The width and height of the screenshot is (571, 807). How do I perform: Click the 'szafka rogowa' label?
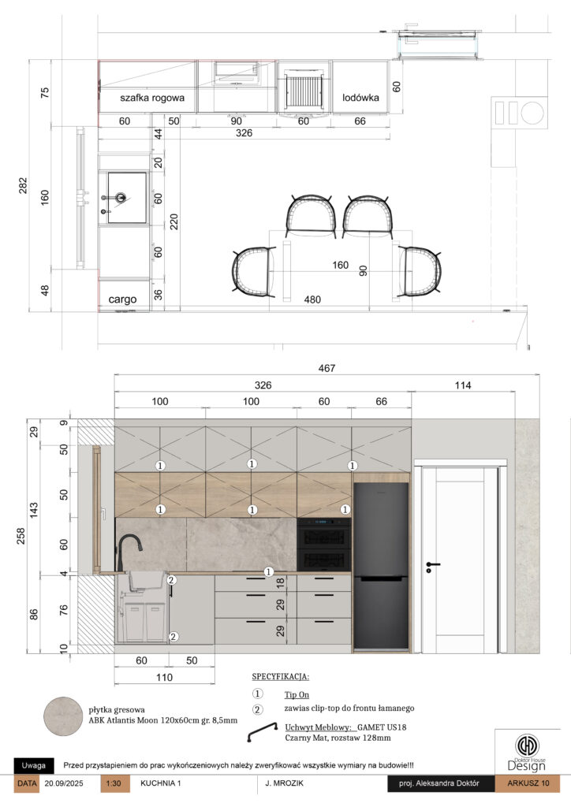coord(152,98)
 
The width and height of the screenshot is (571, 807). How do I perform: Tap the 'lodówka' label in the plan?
coord(360,97)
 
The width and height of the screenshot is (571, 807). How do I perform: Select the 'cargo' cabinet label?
coord(122,299)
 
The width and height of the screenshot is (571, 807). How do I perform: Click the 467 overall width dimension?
coord(327,368)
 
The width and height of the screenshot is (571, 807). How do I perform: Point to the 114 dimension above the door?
coord(463,385)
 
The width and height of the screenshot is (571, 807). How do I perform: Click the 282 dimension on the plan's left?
coord(23,186)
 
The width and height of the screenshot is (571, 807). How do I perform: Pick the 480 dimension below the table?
coord(312,299)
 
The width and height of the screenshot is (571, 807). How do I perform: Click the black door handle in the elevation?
coord(432,566)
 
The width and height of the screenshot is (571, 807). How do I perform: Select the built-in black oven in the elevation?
coord(324,545)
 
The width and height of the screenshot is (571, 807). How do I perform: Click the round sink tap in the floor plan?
coord(121,197)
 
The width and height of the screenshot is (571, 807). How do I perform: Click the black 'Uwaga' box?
coord(33,765)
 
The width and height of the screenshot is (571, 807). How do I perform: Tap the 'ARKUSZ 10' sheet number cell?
coord(528,783)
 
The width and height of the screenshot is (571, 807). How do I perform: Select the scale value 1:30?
coord(114,783)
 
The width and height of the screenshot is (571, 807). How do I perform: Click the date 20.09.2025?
coord(64,783)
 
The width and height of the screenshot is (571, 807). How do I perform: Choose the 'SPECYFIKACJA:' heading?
coord(281,677)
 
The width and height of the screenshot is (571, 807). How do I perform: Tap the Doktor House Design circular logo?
coord(528,746)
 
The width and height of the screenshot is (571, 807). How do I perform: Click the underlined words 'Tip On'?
coord(297,695)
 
